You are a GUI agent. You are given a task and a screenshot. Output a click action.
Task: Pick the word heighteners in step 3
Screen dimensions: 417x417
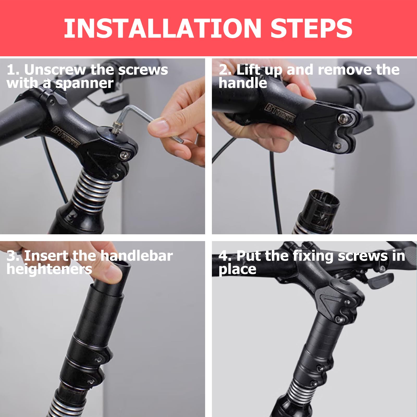pos(49,269)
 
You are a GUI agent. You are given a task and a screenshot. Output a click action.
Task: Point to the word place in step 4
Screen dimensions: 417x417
pos(237,269)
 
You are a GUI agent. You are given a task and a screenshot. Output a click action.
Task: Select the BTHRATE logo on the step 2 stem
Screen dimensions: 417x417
pos(279,112)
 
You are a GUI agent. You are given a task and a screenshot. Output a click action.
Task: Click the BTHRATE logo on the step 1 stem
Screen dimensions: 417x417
pos(65,137)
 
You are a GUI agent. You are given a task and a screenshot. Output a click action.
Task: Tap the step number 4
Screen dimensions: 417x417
pos(224,256)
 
